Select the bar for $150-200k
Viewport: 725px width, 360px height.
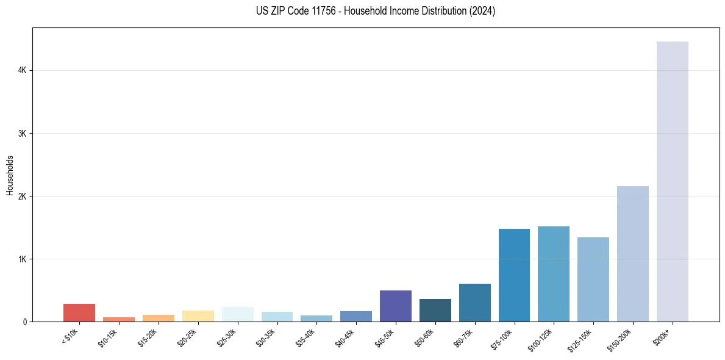[632, 254]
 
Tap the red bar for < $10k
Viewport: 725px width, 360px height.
[79, 312]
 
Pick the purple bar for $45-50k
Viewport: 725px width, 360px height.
[395, 306]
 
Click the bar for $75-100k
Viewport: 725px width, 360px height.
[514, 275]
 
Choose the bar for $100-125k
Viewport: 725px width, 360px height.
[554, 274]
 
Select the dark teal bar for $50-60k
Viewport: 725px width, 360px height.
[435, 310]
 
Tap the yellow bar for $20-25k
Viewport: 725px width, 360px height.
[198, 316]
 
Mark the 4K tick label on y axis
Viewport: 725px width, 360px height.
[23, 71]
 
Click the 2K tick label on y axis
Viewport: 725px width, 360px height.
[23, 196]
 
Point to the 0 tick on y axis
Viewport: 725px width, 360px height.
[25, 322]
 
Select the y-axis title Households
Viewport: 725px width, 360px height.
[10, 175]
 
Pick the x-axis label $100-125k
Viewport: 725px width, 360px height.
[543, 338]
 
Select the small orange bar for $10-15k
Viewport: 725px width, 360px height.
[119, 319]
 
